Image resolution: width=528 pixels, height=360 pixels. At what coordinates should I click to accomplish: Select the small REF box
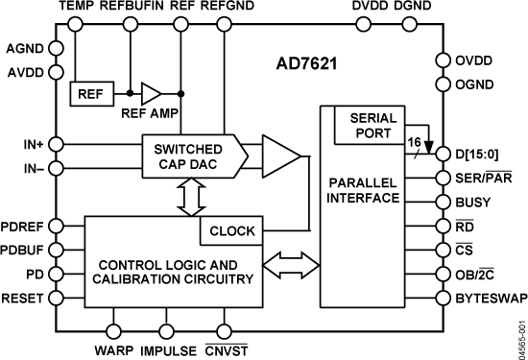tap(91, 94)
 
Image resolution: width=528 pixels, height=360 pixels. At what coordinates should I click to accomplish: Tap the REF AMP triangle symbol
tap(152, 94)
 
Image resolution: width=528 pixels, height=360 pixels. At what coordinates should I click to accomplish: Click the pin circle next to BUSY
tap(443, 203)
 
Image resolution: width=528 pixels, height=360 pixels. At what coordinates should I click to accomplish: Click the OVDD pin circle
tap(443, 60)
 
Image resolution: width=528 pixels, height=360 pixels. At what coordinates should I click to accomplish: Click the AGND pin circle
tap(57, 48)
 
